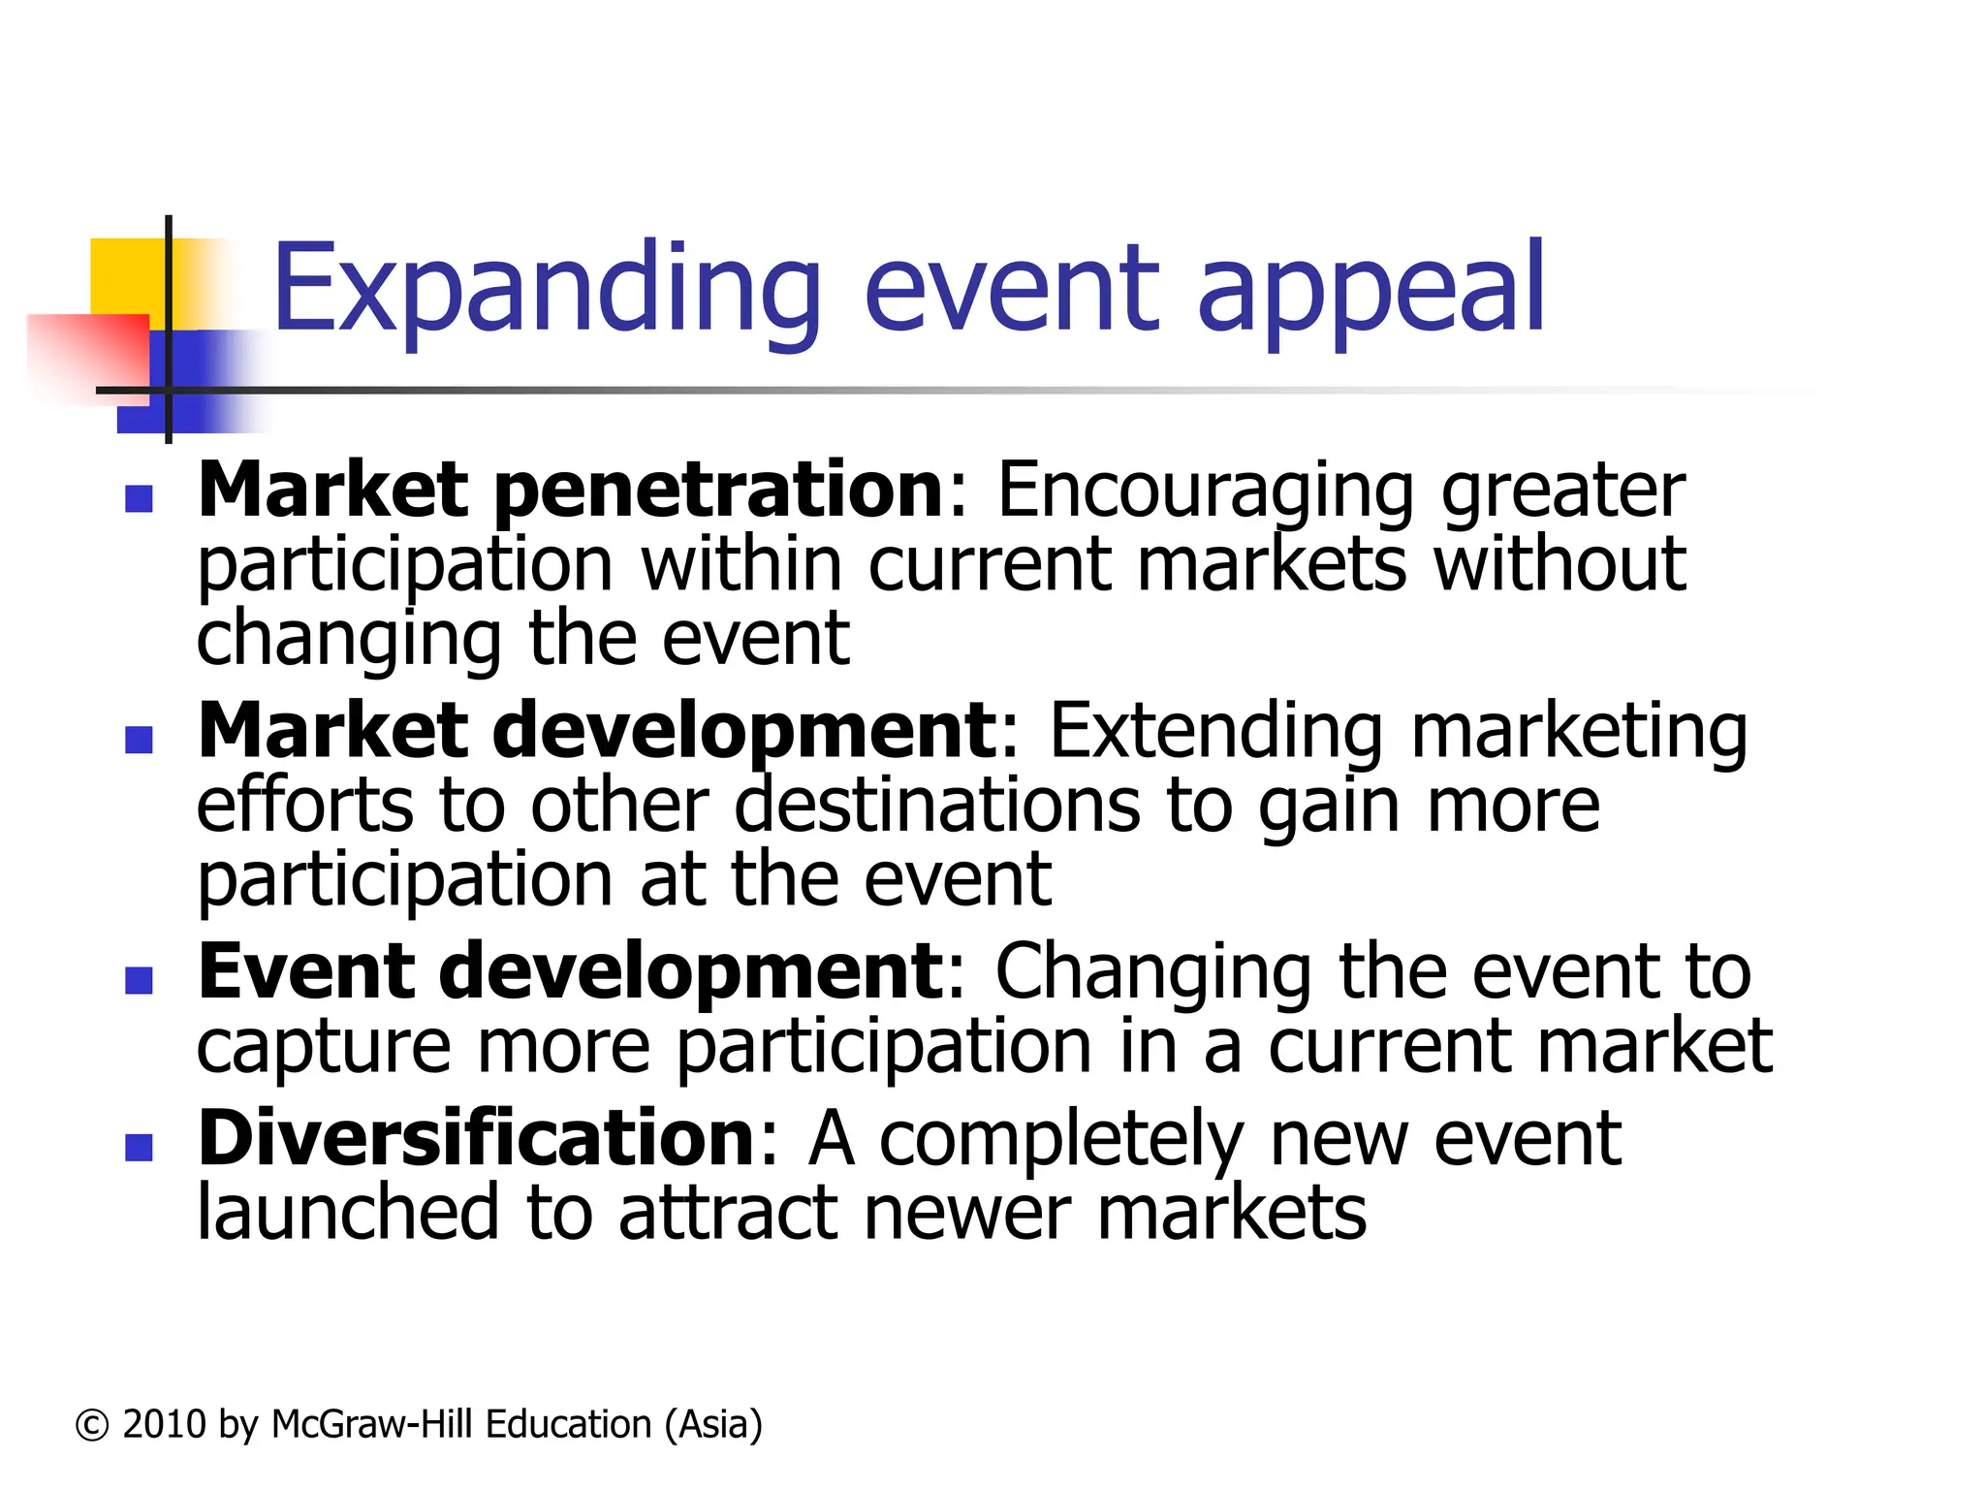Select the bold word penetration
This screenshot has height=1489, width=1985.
coord(717,491)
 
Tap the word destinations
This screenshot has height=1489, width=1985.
coord(936,807)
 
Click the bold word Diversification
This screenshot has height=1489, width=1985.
coord(476,1140)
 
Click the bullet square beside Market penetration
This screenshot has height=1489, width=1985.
coord(140,499)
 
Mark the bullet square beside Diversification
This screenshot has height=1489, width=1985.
coord(140,1149)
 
